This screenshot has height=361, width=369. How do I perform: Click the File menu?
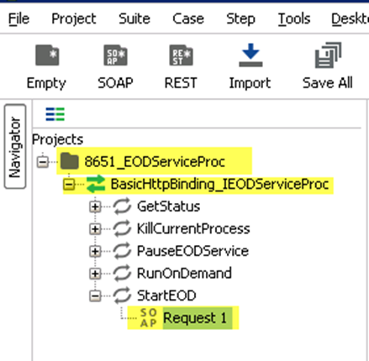18,19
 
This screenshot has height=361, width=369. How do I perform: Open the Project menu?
74,19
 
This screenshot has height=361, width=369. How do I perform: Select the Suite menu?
134,19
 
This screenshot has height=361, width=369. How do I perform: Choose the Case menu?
188,19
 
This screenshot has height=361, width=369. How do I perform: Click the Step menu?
240,19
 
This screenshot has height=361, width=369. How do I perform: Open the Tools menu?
294,19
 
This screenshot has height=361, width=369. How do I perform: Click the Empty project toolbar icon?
47,55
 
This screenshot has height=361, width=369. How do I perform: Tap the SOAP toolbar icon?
115,55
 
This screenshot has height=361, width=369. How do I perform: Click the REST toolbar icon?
181,55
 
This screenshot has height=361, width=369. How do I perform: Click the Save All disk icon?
328,55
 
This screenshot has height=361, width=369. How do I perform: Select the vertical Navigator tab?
15,146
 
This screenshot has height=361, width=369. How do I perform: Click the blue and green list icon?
55,114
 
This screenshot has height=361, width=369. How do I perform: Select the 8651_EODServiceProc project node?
155,162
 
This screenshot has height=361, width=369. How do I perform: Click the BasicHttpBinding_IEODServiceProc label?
219,185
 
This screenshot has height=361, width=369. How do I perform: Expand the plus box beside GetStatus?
95,207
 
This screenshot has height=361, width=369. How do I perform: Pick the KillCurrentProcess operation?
193,229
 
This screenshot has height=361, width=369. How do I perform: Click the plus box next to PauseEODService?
95,251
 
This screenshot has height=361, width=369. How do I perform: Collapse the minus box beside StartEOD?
95,296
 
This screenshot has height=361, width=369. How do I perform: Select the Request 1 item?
195,318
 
